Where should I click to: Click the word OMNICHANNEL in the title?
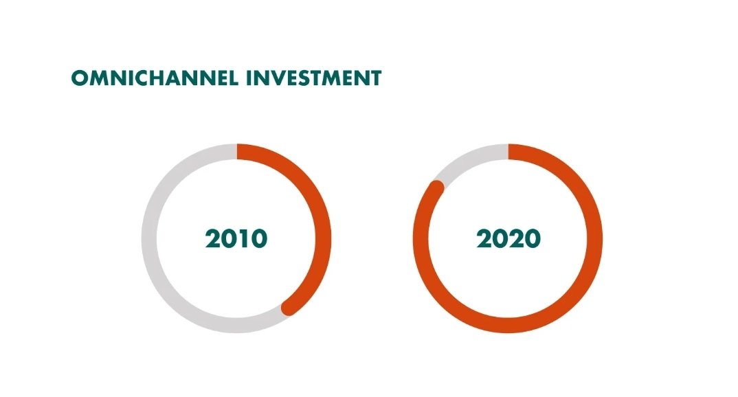pyautogui.click(x=155, y=78)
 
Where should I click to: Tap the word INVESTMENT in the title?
pyautogui.click(x=314, y=78)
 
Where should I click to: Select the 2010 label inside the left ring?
pyautogui.click(x=236, y=238)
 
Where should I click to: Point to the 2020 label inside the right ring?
pyautogui.click(x=508, y=238)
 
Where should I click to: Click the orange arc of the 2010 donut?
pyautogui.click(x=323, y=238)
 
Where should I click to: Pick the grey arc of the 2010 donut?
pyautogui.click(x=149, y=238)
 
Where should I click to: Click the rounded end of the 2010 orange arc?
pyautogui.click(x=289, y=308)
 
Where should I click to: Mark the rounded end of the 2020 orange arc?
pyautogui.click(x=437, y=187)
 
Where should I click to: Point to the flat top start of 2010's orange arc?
pyautogui.click(x=237, y=152)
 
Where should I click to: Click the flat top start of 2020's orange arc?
pyautogui.click(x=508, y=152)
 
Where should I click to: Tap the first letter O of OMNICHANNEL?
pyautogui.click(x=80, y=78)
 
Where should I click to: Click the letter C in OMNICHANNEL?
pyautogui.click(x=148, y=78)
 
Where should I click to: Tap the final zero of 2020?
pyautogui.click(x=533, y=238)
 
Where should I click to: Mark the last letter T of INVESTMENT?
pyautogui.click(x=375, y=78)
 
